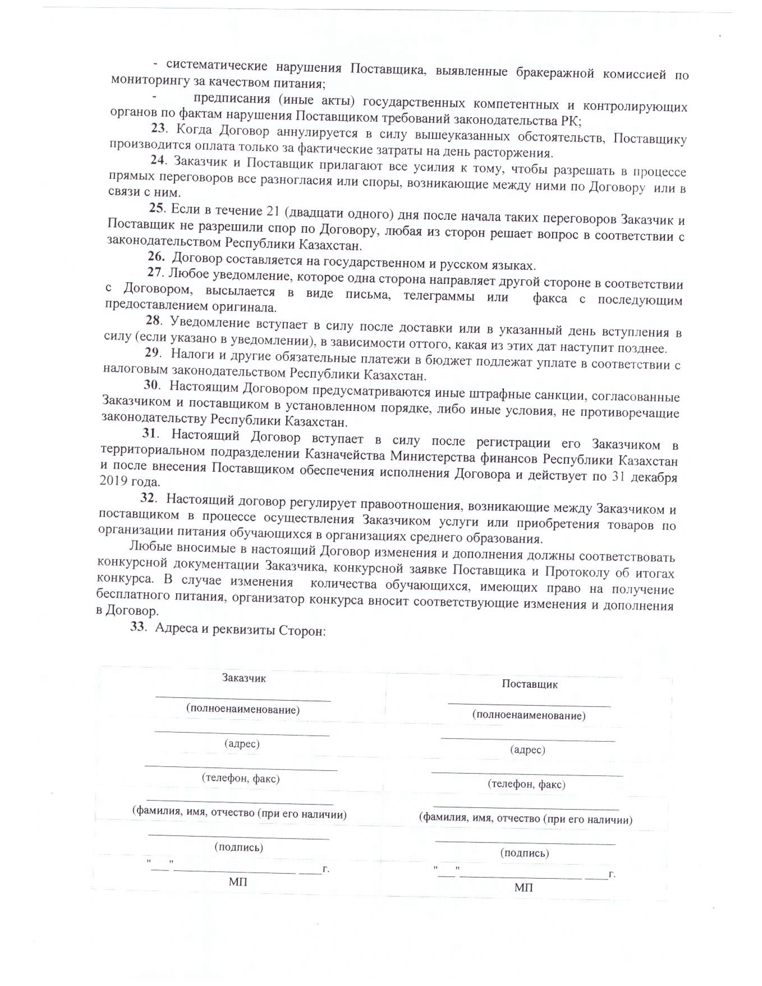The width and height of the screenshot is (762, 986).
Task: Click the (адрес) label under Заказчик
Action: (x=242, y=743)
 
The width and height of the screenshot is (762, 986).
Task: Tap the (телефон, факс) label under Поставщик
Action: (x=526, y=784)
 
